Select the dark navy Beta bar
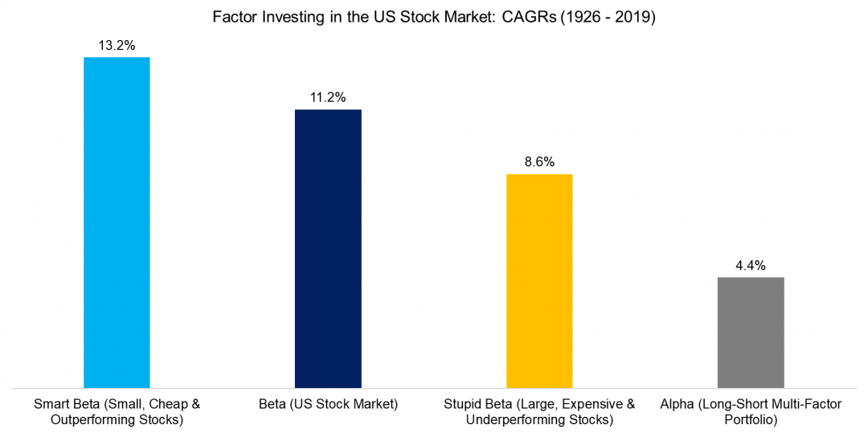point(328,249)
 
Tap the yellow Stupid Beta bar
point(539,281)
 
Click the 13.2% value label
point(117,45)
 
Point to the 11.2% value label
point(328,97)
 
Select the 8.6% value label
point(539,161)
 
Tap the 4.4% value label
point(750,264)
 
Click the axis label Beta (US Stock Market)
point(328,403)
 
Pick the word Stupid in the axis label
point(463,403)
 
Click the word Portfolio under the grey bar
point(750,420)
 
